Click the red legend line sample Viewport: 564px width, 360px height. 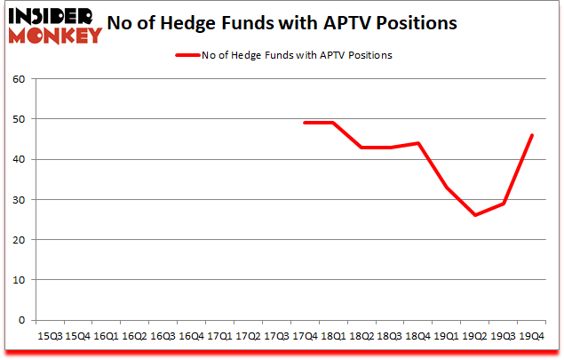[x=187, y=54]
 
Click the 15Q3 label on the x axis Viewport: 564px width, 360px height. [x=49, y=337]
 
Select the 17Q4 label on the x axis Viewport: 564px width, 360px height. [x=305, y=337]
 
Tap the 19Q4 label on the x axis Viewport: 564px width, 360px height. [x=532, y=337]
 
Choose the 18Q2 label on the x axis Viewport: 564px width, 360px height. [x=361, y=337]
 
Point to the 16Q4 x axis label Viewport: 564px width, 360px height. [x=191, y=337]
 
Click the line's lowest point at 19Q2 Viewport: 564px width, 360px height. [x=475, y=215]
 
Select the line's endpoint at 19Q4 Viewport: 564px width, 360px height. [x=532, y=135]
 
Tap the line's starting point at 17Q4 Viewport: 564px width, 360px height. [x=305, y=123]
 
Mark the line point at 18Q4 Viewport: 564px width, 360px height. [x=418, y=143]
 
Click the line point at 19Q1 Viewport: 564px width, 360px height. [x=447, y=188]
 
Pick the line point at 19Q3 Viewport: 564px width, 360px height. [x=504, y=204]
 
